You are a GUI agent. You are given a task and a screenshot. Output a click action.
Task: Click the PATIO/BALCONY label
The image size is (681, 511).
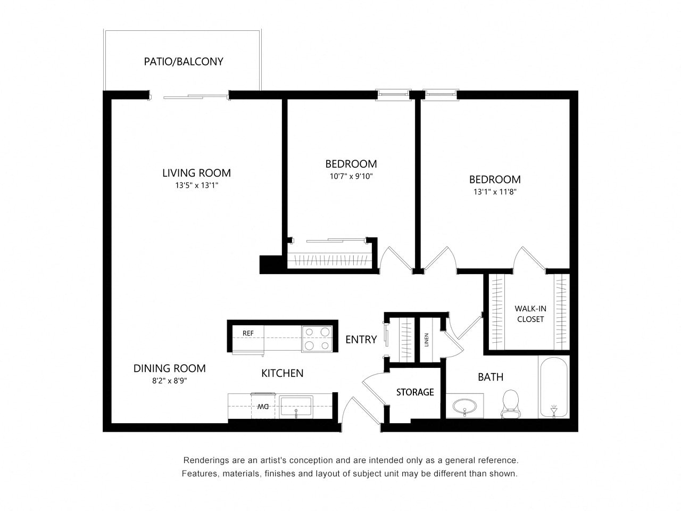(x=184, y=61)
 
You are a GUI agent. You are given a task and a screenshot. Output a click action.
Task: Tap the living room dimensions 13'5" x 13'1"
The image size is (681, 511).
(x=197, y=186)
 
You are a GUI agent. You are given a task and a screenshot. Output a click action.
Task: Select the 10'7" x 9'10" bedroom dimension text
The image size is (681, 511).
(x=351, y=176)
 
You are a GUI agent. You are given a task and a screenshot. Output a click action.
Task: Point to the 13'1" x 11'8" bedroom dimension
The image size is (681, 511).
(x=495, y=192)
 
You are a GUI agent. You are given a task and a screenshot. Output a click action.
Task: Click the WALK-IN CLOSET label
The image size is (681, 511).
(x=530, y=314)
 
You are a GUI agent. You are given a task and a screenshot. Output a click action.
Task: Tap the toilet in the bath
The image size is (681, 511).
(x=510, y=404)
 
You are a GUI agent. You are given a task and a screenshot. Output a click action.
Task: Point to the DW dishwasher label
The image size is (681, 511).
(x=263, y=407)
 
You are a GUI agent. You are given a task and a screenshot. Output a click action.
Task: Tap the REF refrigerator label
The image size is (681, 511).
(x=248, y=333)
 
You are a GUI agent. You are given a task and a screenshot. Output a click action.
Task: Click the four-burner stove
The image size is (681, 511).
(x=317, y=339)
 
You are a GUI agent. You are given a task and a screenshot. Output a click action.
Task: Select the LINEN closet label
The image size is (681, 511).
(x=426, y=340)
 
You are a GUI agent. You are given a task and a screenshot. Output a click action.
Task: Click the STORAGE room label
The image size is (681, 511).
(x=415, y=392)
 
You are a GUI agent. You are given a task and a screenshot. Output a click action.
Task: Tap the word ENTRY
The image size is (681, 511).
(x=361, y=340)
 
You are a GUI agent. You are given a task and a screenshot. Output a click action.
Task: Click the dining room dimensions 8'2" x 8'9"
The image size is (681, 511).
(x=169, y=381)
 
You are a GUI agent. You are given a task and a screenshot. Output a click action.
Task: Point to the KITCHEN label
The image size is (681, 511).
(x=283, y=373)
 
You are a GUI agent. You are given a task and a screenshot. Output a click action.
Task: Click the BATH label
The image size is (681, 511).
(x=491, y=377)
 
